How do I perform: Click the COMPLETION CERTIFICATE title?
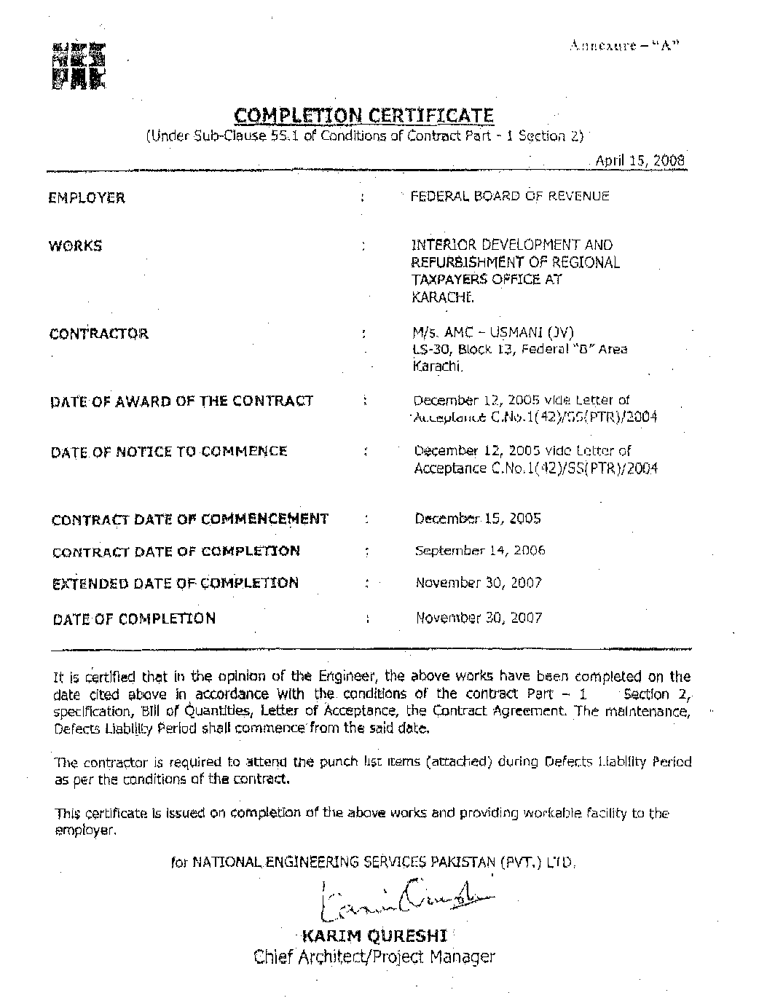point(363,115)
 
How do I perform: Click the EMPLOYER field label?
point(87,197)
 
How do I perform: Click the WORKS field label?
point(76,245)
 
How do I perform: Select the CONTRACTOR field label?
point(99,334)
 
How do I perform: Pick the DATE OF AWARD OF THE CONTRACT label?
point(182,401)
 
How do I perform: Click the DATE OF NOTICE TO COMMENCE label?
point(169,452)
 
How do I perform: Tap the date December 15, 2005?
point(477,519)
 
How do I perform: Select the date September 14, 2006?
point(480,551)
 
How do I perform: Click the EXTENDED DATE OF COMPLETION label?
point(176,584)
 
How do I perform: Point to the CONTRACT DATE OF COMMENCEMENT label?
point(190,519)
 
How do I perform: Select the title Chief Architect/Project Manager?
point(374,956)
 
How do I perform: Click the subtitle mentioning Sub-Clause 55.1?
point(364,136)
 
